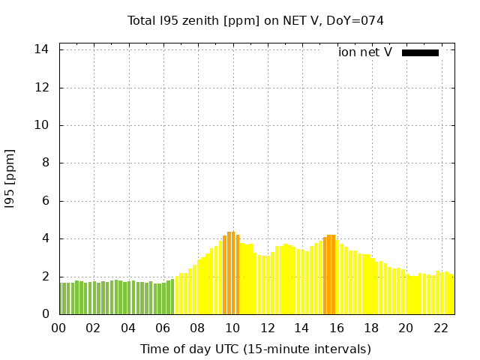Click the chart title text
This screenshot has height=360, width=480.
point(255,20)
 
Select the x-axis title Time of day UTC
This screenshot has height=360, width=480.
point(255,349)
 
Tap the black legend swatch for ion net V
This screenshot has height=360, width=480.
point(420,52)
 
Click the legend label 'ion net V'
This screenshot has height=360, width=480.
point(365,52)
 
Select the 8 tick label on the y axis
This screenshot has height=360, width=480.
point(46,163)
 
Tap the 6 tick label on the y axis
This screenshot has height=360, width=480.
point(46,201)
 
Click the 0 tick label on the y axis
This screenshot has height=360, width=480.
point(46,314)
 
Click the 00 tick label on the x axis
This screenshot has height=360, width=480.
point(59,328)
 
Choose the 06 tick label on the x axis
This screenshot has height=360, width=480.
point(163,328)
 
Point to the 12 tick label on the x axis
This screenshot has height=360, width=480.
point(267,328)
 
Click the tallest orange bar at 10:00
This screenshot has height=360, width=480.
point(232,274)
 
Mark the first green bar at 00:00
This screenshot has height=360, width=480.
point(61,298)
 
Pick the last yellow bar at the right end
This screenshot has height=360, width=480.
point(452,295)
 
